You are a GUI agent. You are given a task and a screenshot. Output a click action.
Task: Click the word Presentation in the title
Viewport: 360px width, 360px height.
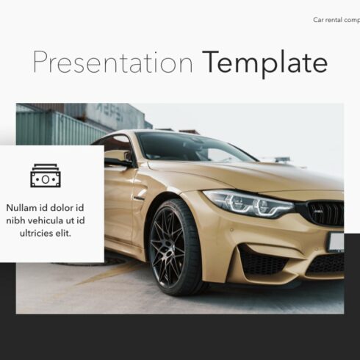pos(112,63)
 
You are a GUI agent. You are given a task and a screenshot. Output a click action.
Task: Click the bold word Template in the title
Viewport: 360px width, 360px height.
pos(264,63)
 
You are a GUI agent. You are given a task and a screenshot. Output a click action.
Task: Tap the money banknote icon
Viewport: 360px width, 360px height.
pos(46,175)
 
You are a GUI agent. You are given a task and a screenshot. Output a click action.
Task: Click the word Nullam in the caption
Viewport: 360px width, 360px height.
pos(25,207)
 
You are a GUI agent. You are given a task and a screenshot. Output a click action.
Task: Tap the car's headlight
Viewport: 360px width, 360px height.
pos(248,203)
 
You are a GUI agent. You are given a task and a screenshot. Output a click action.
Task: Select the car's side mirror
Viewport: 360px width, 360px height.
pos(118,158)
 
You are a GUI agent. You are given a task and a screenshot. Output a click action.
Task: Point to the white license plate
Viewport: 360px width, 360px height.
pos(336,242)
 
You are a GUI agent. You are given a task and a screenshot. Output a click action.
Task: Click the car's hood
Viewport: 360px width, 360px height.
pos(242,175)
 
